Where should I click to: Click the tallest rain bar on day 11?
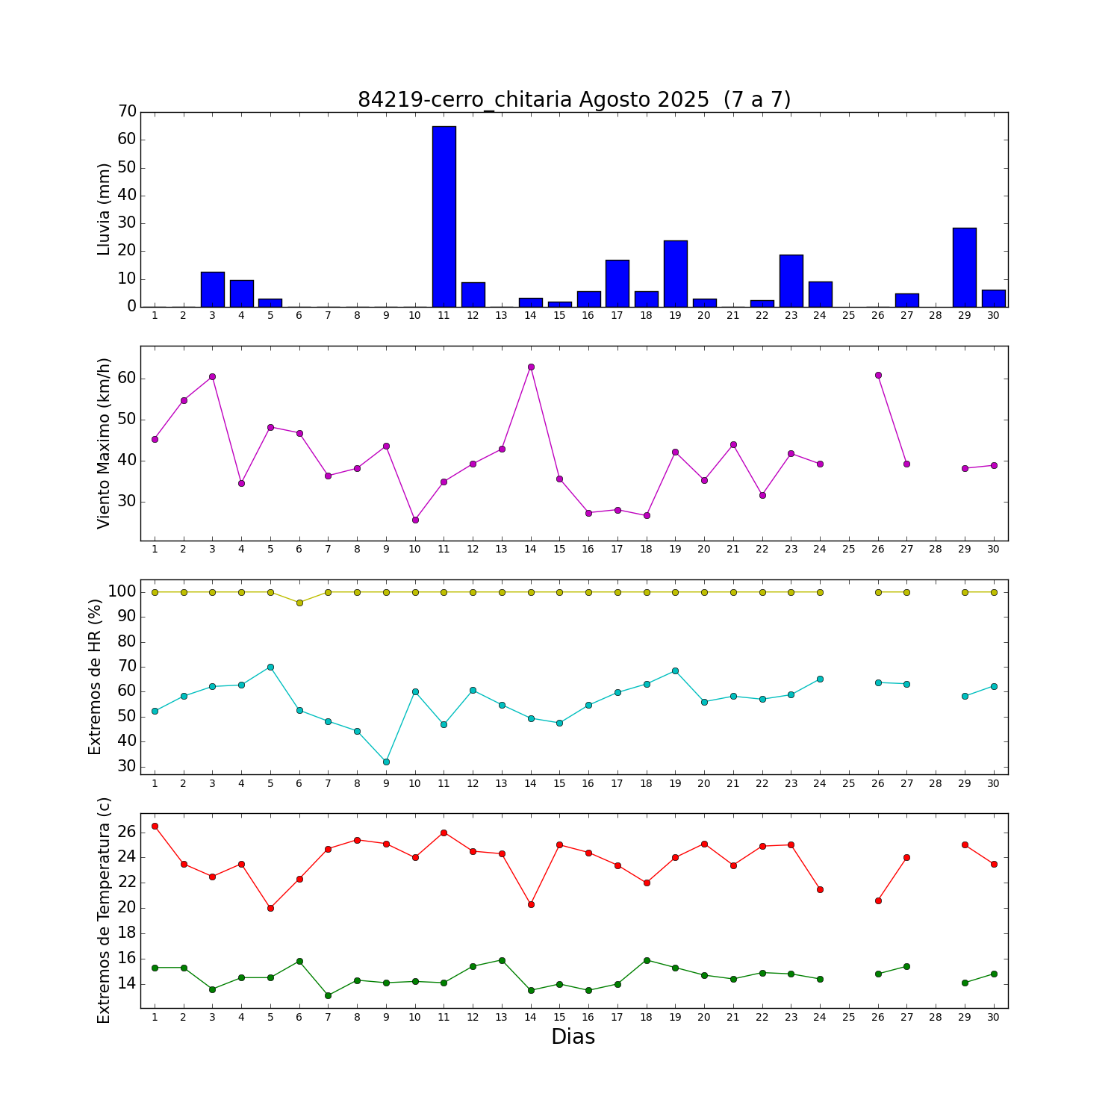444,217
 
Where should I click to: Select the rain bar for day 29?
964,267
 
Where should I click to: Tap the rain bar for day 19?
675,273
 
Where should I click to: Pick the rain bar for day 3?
212,290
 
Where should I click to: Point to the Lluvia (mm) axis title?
104,209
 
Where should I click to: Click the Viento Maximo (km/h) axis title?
104,443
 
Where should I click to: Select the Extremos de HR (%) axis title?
95,676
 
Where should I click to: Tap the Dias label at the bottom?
573,1036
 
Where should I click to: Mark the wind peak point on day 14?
531,367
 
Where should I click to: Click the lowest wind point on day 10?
415,520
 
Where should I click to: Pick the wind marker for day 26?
878,375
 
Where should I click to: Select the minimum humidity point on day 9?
386,762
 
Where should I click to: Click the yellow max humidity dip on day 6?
299,603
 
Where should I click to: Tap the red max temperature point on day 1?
155,826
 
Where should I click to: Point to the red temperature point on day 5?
270,908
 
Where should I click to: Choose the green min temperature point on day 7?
328,995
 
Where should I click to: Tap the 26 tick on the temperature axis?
127,832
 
